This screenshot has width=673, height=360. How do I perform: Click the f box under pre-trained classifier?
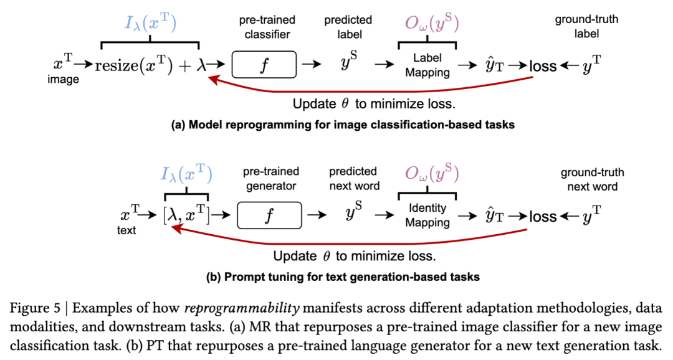264,64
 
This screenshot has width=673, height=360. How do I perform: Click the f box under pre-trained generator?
270,216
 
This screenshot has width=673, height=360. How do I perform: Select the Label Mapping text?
427,65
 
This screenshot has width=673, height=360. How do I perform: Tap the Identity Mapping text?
427,216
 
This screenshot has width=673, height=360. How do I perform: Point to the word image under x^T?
63,79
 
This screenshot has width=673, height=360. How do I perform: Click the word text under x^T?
126,230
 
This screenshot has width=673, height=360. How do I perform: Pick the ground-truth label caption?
586,27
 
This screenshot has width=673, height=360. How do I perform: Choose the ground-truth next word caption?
593,179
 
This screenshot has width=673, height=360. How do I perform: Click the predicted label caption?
348,27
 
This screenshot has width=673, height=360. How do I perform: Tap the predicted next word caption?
354,179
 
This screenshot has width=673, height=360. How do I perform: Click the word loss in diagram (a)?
543,66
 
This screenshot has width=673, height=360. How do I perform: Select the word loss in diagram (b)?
543,217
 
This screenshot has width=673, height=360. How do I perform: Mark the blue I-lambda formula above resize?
150,23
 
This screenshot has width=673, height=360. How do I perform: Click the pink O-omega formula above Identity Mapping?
432,173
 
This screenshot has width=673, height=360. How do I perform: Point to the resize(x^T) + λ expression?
151,65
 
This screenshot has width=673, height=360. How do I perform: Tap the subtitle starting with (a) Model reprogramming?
343,125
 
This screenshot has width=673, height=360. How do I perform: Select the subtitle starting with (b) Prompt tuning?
343,277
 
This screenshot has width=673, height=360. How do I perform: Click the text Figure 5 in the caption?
35,308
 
